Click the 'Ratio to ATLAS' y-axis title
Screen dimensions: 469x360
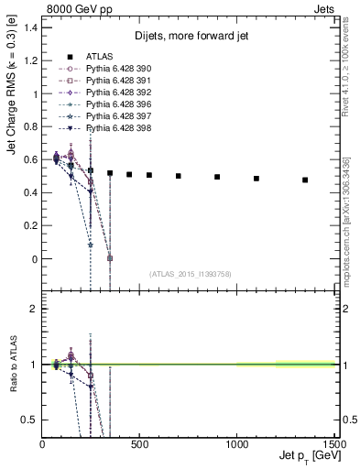click(12, 363)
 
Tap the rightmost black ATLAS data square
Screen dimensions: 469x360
click(305, 180)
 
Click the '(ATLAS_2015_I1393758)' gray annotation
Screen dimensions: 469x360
click(190, 274)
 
